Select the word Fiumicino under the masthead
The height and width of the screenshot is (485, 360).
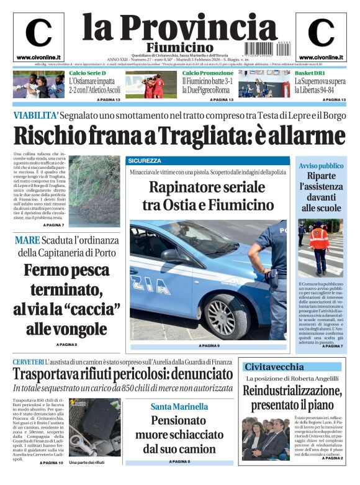click(x=180, y=48)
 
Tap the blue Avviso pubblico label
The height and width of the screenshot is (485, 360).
click(x=321, y=166)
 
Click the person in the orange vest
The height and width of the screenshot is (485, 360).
click(x=319, y=244)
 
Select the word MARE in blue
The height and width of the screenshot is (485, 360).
click(x=28, y=239)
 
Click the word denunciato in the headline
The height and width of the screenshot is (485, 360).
click(x=186, y=374)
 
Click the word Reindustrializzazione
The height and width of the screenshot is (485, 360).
click(x=292, y=391)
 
